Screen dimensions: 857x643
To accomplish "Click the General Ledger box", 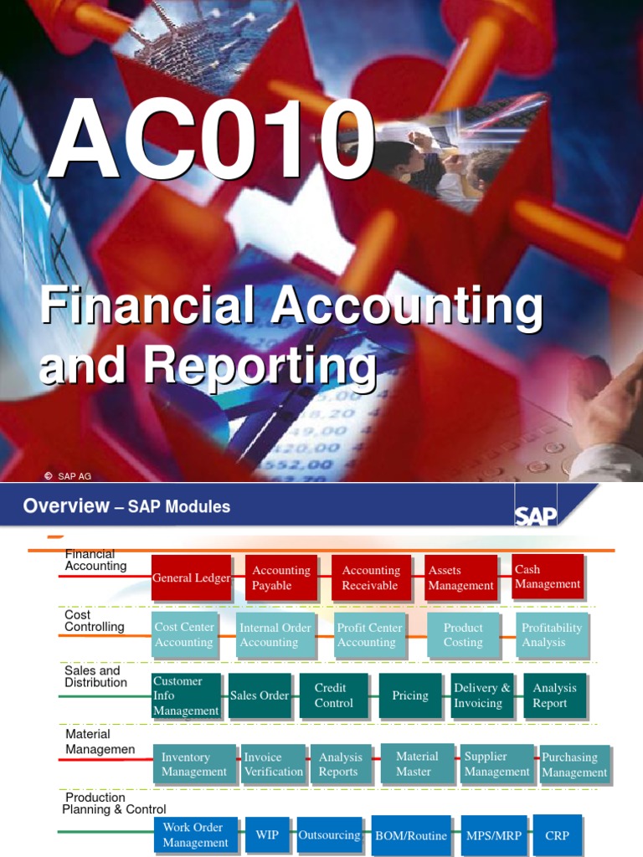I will click(x=192, y=577).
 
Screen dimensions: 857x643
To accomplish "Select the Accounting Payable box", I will click(x=281, y=577).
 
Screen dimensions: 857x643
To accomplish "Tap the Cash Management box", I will click(x=548, y=577).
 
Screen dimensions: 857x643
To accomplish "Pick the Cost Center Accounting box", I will click(x=185, y=634).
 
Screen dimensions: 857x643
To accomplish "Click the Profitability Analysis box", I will click(x=552, y=634).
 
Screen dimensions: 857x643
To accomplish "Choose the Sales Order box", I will click(x=260, y=695).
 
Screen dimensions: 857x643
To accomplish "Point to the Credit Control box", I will click(x=334, y=695).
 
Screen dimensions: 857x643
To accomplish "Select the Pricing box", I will click(x=410, y=695).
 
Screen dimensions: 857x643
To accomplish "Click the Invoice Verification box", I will click(x=273, y=764).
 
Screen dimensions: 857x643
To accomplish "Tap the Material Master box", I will click(x=417, y=763).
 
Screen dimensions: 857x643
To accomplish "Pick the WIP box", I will click(x=267, y=835).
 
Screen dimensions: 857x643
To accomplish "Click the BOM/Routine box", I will click(x=411, y=835).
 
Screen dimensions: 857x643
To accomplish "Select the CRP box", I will click(x=557, y=834).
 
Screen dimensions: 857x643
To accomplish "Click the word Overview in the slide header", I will click(x=66, y=505).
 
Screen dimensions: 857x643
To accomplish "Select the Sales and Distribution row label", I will click(x=96, y=676).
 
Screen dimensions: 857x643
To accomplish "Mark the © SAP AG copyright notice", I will click(x=69, y=476).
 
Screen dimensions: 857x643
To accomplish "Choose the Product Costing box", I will click(x=463, y=634).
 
